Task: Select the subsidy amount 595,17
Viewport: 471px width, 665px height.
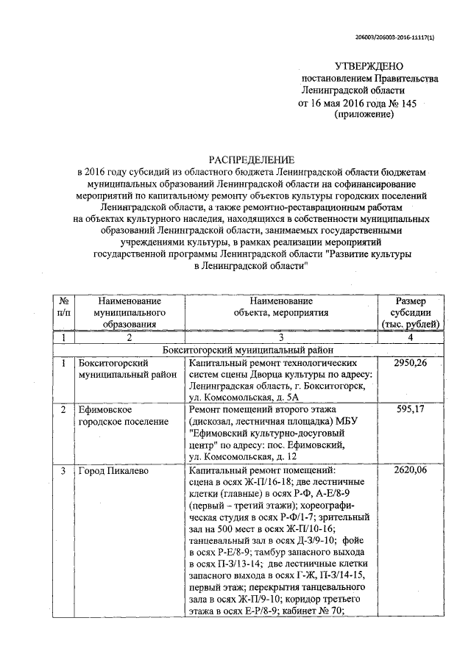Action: pyautogui.click(x=413, y=409)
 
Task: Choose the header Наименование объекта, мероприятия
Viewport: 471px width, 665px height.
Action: pyautogui.click(x=280, y=306)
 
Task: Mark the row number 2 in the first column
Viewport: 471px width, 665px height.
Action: pyautogui.click(x=63, y=409)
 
